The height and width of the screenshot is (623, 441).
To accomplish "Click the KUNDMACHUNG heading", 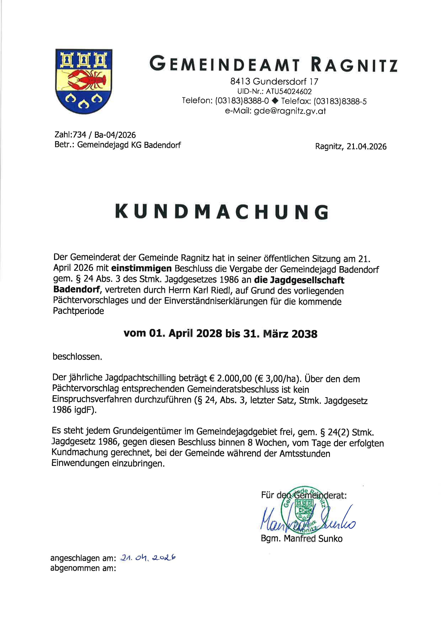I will click(x=221, y=212).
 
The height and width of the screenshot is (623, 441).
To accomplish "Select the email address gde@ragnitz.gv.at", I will click(x=290, y=111).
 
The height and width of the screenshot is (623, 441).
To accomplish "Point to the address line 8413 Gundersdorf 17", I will click(x=274, y=81).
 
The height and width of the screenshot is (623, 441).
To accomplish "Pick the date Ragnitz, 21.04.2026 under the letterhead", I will click(x=351, y=147).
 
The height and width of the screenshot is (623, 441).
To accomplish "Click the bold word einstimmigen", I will click(x=141, y=269).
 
